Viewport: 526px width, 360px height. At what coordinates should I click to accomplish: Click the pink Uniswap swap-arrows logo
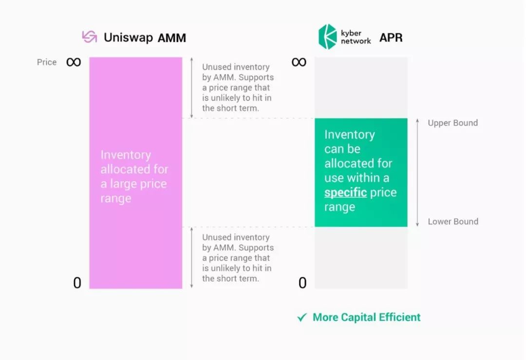coord(90,37)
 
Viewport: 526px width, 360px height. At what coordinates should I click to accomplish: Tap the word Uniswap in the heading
coord(128,38)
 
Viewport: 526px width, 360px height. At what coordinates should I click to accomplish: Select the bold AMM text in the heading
coord(172,38)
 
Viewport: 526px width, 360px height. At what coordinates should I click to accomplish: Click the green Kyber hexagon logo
coord(327,37)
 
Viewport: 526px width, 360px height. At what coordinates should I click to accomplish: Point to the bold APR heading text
coord(391,38)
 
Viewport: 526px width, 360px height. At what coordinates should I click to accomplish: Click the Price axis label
coord(47,62)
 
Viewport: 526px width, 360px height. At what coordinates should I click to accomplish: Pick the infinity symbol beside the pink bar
coord(74,62)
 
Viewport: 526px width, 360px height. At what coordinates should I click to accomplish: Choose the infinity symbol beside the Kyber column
coord(299,62)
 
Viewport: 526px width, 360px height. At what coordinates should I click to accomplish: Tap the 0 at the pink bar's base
coord(77,283)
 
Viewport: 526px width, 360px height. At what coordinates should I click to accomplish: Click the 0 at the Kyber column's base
coord(302,283)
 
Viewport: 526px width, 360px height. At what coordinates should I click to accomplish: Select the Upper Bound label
coord(453,123)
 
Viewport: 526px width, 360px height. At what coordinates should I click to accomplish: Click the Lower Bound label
coord(453,222)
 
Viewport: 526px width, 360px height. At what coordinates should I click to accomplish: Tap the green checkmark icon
coord(302,317)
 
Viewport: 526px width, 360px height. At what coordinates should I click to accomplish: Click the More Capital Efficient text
coord(366,318)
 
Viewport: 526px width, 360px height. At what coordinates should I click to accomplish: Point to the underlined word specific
coord(345,193)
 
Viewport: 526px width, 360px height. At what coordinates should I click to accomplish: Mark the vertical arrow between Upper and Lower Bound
coord(417,172)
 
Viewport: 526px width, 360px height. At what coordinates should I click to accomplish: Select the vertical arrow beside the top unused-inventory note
coord(191,88)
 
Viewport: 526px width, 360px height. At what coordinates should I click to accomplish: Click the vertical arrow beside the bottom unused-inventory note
coord(191,258)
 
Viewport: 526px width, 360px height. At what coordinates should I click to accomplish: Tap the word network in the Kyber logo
coord(356,41)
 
